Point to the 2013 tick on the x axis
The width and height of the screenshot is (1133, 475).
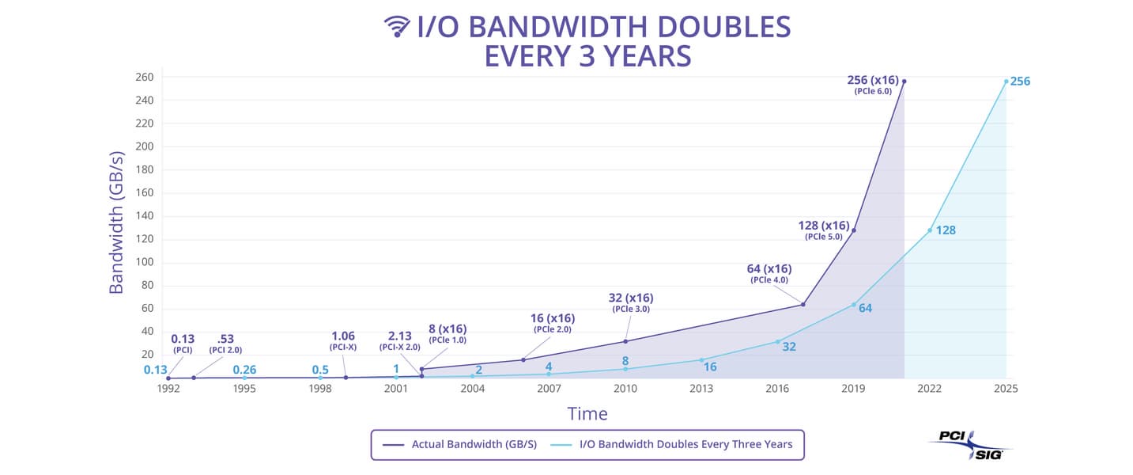(x=701, y=389)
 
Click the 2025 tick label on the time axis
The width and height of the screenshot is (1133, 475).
(x=1006, y=389)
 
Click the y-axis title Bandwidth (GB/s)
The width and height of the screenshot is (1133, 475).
(x=116, y=222)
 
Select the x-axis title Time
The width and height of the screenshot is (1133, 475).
(x=587, y=414)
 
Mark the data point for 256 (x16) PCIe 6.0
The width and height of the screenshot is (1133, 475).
(x=904, y=81)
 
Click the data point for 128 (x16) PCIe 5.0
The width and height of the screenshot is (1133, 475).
(x=854, y=230)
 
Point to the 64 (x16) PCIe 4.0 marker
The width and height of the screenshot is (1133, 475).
(x=803, y=304)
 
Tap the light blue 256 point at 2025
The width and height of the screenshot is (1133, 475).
(x=1006, y=81)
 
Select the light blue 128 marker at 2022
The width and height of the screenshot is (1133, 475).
(x=930, y=230)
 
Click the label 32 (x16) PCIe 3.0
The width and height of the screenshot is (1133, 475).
(x=631, y=302)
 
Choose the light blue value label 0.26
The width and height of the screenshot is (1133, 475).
(x=245, y=369)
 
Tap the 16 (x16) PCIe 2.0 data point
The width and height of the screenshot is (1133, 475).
(x=523, y=360)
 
